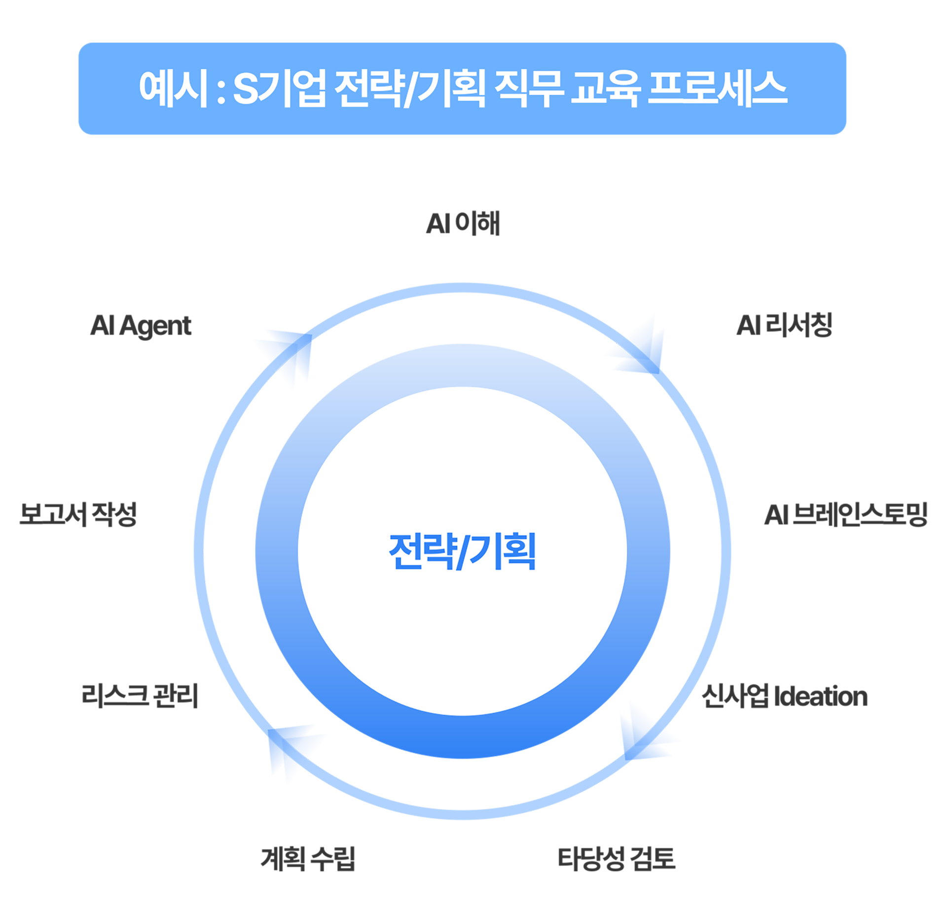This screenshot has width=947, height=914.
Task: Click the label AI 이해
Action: coord(463,223)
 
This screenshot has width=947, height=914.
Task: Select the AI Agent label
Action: coord(141,326)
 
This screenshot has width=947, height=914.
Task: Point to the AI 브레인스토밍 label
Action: coord(845,514)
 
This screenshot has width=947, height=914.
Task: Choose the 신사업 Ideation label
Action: coord(785,696)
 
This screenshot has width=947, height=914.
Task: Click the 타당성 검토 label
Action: coord(617,858)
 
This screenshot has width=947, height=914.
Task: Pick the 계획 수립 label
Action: coord(308,858)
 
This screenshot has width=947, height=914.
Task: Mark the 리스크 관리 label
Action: coord(140,695)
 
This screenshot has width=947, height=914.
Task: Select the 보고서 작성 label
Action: coord(78,514)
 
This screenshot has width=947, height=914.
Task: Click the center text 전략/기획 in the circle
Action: coord(462,551)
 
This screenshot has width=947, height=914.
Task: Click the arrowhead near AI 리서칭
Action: coord(639,346)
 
